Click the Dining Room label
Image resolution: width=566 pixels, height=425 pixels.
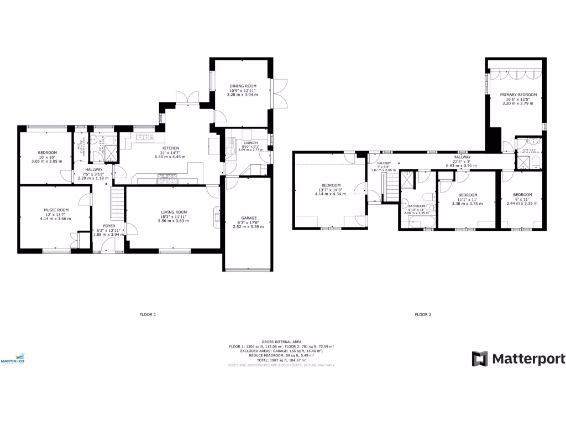click(243, 86)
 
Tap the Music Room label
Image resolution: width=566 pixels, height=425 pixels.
click(56, 210)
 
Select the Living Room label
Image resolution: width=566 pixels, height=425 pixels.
click(174, 212)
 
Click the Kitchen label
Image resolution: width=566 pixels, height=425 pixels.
click(170, 148)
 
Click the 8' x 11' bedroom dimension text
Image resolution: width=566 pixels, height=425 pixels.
click(522, 199)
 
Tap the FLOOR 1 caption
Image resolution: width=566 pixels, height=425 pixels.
click(148, 315)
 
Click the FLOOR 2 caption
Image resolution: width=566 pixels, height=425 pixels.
click(423, 315)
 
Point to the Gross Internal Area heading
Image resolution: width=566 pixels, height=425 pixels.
click(281, 342)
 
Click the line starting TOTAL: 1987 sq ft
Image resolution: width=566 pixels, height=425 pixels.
click(281, 360)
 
